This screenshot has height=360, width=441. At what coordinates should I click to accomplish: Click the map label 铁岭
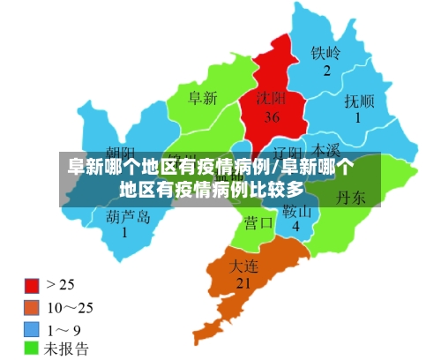(x=325, y=52)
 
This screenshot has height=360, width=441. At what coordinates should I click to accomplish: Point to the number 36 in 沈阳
(x=272, y=116)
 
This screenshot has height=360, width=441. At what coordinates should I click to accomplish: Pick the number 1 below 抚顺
(x=358, y=117)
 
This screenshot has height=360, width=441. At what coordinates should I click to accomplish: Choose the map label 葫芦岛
(x=127, y=215)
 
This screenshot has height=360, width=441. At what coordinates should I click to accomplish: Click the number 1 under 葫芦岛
(x=124, y=233)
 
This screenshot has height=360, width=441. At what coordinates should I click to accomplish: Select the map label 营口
(x=258, y=222)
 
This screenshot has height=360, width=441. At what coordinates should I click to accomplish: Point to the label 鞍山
(x=297, y=212)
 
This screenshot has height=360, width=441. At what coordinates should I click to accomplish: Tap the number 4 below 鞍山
(x=296, y=228)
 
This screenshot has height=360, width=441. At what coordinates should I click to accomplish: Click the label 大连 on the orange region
(x=244, y=265)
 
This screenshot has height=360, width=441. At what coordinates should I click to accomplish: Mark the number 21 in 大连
(x=244, y=283)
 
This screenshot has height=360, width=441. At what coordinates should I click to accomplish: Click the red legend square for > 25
(x=31, y=285)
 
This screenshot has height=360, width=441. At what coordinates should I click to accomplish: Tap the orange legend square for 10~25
(x=31, y=306)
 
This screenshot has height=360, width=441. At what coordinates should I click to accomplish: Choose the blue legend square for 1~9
(x=31, y=327)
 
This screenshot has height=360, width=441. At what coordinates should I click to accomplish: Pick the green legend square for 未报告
(x=31, y=348)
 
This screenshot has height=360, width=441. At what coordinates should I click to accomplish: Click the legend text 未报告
(x=67, y=348)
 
